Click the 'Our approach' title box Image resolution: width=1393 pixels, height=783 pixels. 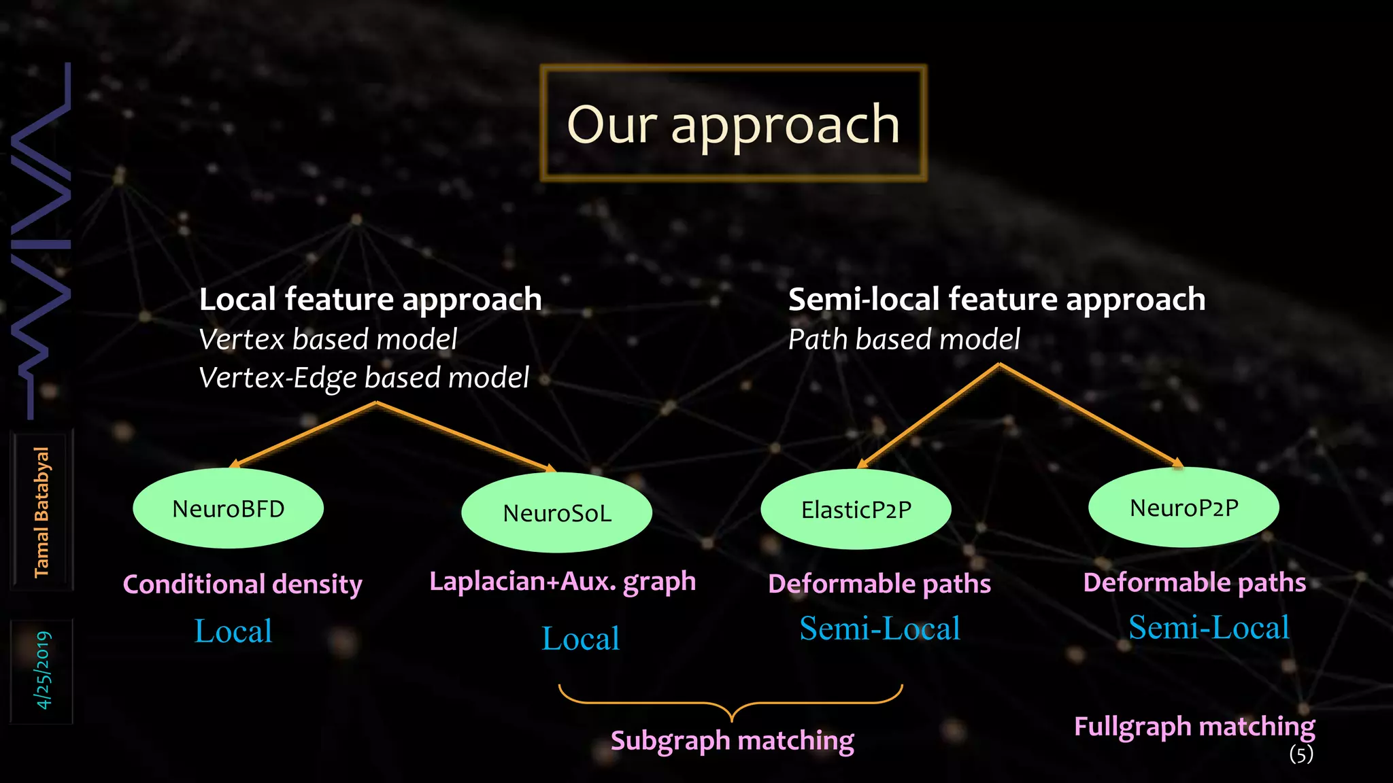733,124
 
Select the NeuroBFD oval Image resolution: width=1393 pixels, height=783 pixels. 228,508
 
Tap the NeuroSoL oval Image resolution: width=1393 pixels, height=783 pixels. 556,512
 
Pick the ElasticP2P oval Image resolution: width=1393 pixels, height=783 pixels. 856,509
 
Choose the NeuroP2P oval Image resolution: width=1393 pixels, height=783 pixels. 1184,507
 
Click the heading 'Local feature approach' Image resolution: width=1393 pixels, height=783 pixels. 370,300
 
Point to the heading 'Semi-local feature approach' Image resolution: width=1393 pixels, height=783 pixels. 996,300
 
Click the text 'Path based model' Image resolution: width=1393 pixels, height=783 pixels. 904,339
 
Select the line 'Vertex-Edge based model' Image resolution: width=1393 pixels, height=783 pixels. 363,378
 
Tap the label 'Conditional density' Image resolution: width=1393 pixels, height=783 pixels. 242,585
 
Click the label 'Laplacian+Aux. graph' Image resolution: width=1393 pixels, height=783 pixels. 563,582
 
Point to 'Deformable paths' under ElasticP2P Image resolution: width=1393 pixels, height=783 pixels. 879,584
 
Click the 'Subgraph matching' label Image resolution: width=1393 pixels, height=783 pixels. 732,741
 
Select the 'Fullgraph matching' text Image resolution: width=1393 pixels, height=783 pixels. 1194,727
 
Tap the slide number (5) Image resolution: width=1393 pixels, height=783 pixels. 1301,754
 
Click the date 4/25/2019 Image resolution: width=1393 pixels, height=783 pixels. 43,670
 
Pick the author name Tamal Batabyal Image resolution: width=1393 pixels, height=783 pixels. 41,512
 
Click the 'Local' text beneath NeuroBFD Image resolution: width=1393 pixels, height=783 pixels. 233,631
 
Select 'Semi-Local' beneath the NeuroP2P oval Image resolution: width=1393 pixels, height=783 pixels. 1209,627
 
